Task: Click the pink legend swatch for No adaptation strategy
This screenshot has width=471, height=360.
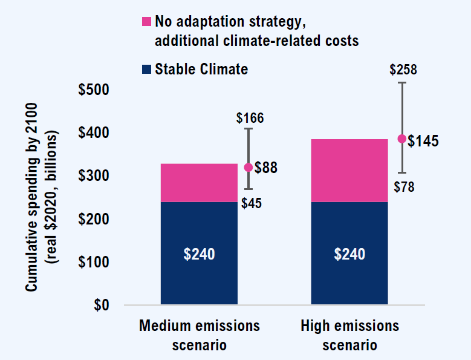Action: point(146,22)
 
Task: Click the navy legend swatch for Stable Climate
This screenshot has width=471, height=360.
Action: point(146,70)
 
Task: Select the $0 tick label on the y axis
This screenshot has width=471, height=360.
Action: point(101,305)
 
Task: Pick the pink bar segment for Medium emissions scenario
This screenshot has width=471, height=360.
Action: point(199,182)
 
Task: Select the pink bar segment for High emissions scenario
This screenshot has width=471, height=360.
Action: point(349,170)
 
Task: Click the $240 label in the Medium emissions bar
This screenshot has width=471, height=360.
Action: point(199,254)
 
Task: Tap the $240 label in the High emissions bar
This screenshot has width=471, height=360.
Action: point(349,254)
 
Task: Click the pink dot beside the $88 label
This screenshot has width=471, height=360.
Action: point(248,168)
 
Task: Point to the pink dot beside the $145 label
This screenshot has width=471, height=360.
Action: point(401,139)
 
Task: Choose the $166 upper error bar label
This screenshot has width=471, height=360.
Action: point(250,118)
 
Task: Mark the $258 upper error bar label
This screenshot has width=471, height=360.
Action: point(403,70)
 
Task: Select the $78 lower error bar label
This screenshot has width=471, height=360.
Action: point(404,187)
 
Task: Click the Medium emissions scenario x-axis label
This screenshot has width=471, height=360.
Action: point(199,335)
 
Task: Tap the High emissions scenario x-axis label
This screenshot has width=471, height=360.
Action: point(349,335)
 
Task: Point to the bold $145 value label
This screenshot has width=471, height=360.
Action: point(423,140)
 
